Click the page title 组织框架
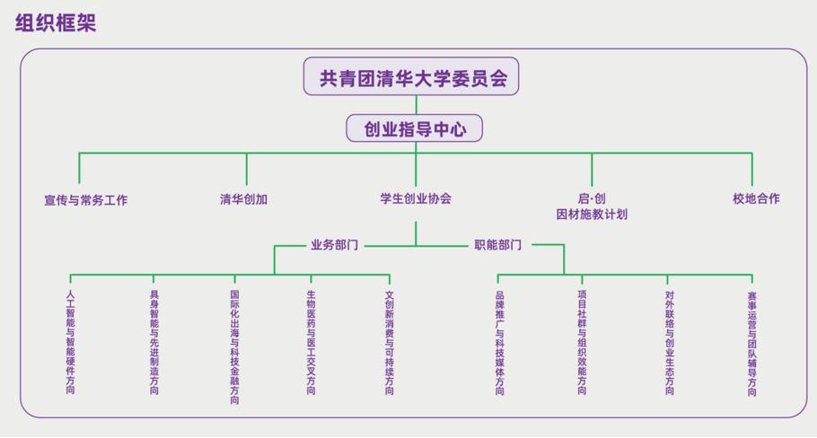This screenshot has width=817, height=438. click(56, 23)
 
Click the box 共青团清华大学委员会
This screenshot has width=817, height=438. click(414, 78)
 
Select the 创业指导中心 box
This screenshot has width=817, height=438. click(415, 129)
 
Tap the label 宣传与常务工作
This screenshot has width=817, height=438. click(86, 200)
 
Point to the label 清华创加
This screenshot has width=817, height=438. click(244, 199)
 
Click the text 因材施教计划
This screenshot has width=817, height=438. click(592, 215)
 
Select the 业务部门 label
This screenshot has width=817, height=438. click(335, 244)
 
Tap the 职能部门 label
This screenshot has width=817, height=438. click(497, 244)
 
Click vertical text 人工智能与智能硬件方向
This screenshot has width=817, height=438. click(71, 342)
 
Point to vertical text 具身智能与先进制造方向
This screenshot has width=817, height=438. click(154, 342)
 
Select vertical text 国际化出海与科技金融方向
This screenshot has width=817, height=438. click(234, 346)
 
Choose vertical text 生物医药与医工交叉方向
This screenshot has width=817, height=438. click(312, 342)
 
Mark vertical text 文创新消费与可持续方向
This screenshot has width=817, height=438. click(390, 342)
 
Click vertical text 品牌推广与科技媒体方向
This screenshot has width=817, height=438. click(500, 342)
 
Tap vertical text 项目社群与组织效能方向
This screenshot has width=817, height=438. click(582, 342)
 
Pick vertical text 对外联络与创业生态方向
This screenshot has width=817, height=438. click(670, 342)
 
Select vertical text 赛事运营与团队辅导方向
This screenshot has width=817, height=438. click(752, 342)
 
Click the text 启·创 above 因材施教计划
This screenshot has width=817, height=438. click(592, 198)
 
